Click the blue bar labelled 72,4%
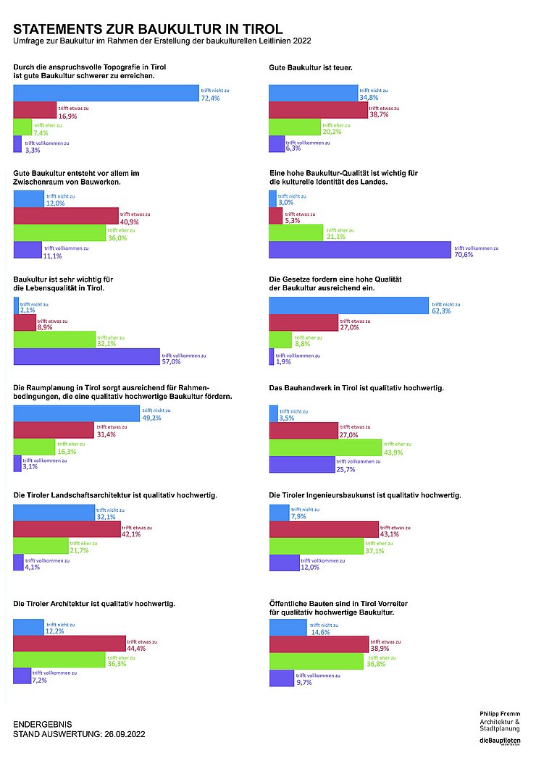point(106,93)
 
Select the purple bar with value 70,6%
point(360,250)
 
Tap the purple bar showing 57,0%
point(86,357)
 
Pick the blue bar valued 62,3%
point(348,306)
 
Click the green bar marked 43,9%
point(325,447)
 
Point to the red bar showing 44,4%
point(69,642)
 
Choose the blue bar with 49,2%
point(76,413)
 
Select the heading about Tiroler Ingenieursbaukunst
point(364,495)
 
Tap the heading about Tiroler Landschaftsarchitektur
point(116,495)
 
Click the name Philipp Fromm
point(499,713)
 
